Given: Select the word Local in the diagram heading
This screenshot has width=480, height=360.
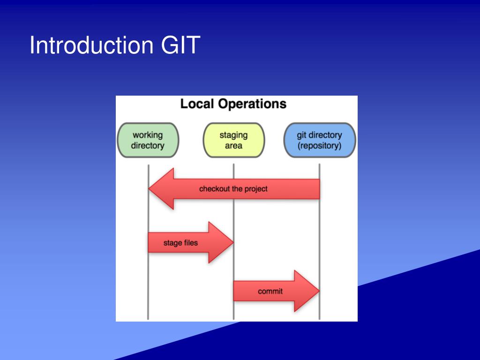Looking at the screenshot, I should click(197, 104).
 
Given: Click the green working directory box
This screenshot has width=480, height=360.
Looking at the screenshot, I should click(148, 140).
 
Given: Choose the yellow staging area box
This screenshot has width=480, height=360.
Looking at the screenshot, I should click(233, 140).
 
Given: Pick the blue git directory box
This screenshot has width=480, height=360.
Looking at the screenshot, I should click(319, 140).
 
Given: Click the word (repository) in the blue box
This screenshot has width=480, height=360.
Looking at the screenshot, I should click(319, 146).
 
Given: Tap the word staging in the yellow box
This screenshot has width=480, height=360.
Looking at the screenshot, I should click(233, 135).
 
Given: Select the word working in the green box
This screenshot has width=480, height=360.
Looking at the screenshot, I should click(148, 135).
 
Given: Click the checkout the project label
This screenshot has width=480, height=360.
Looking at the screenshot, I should click(233, 189).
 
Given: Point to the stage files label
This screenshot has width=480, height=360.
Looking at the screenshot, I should click(180, 243).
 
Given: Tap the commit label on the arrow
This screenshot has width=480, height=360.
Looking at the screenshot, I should click(270, 291).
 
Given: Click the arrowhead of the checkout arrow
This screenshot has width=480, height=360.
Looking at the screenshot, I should click(161, 188).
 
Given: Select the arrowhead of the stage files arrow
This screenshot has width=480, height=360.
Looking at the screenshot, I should click(221, 242).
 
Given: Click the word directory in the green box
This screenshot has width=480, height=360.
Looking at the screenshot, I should click(148, 146).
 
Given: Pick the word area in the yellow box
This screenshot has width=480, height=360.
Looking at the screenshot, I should click(233, 146).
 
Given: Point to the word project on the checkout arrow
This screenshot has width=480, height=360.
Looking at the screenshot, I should click(256, 189).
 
